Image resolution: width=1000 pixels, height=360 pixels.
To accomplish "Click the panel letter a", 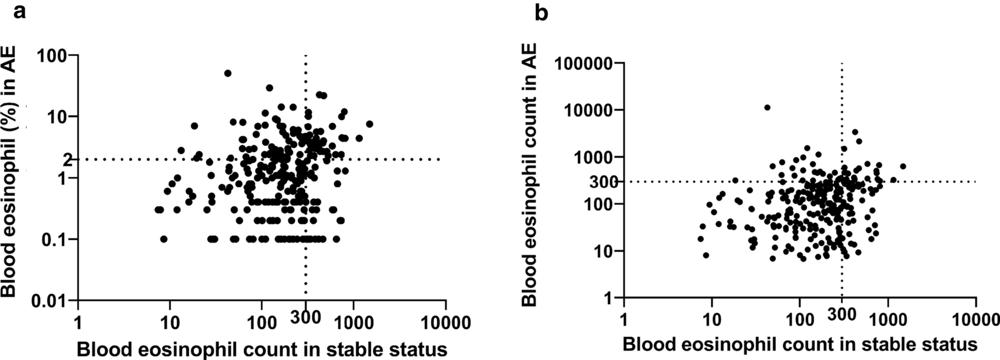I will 20,11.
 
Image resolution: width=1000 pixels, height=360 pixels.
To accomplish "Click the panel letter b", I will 541,12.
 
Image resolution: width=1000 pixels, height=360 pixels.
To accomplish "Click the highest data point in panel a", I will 228,73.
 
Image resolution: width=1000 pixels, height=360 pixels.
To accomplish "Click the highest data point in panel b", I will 767,107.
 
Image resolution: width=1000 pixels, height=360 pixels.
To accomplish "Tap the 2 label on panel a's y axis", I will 67,161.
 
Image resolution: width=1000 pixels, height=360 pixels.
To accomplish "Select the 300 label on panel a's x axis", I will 305,318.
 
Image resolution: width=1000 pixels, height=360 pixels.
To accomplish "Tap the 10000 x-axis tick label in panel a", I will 446,323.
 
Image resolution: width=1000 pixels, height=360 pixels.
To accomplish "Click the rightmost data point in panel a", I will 369,124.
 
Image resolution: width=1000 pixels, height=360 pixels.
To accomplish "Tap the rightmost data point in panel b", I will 903,166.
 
